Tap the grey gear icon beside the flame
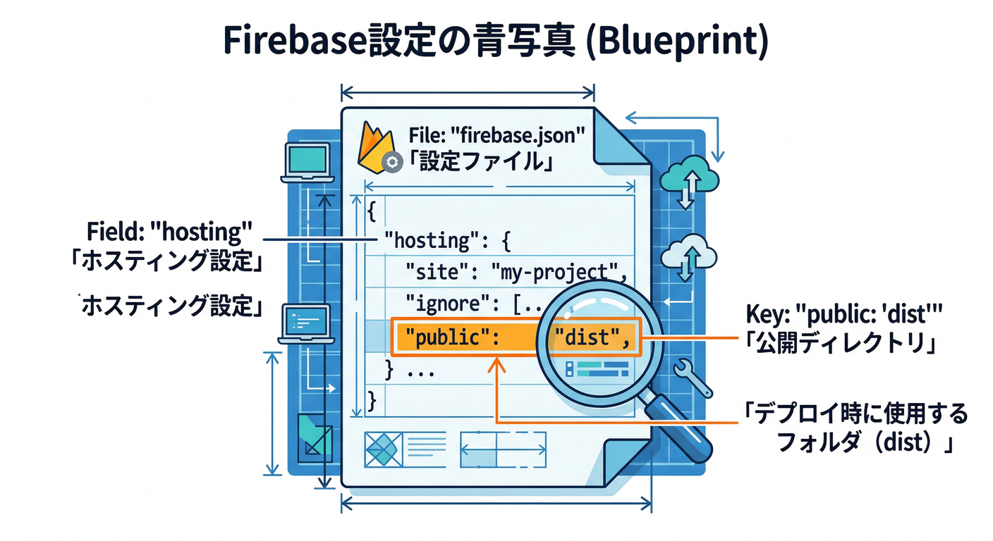391,163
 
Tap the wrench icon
691,377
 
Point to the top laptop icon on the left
306,161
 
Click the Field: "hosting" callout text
169,231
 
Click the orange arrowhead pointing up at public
497,363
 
